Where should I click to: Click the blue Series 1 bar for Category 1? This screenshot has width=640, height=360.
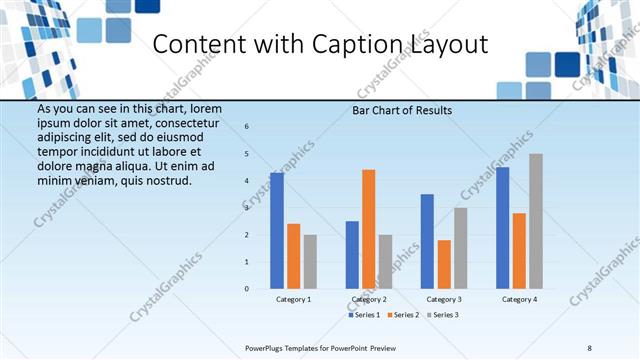[277, 231]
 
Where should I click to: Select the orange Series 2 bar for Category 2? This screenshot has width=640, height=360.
[369, 229]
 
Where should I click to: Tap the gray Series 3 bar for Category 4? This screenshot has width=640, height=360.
[536, 221]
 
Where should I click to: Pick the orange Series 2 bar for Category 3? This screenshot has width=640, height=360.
[444, 264]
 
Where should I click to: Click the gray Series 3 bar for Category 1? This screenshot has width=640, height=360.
[310, 262]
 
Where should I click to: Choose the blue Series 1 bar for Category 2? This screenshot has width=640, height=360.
[352, 255]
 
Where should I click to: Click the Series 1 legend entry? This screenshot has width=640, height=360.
[364, 315]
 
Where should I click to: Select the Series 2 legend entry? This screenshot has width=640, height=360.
[403, 315]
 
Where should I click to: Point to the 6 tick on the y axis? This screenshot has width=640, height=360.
[246, 127]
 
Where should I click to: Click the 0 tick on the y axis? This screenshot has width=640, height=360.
[246, 289]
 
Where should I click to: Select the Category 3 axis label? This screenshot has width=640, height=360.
[444, 299]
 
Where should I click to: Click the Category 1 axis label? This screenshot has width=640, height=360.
[293, 299]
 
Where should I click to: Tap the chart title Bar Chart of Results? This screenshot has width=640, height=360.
[403, 110]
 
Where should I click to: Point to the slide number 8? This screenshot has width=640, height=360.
[589, 347]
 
